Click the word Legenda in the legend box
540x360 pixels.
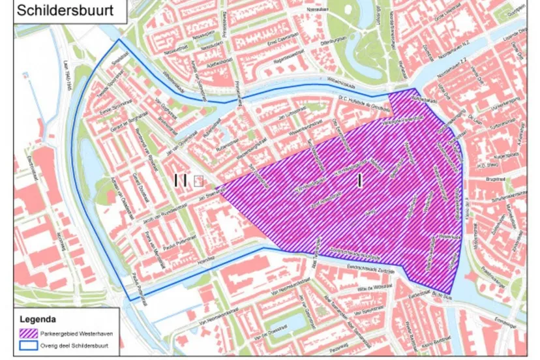pyautogui.click(x=38, y=320)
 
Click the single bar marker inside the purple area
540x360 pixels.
pyautogui.click(x=359, y=181)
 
